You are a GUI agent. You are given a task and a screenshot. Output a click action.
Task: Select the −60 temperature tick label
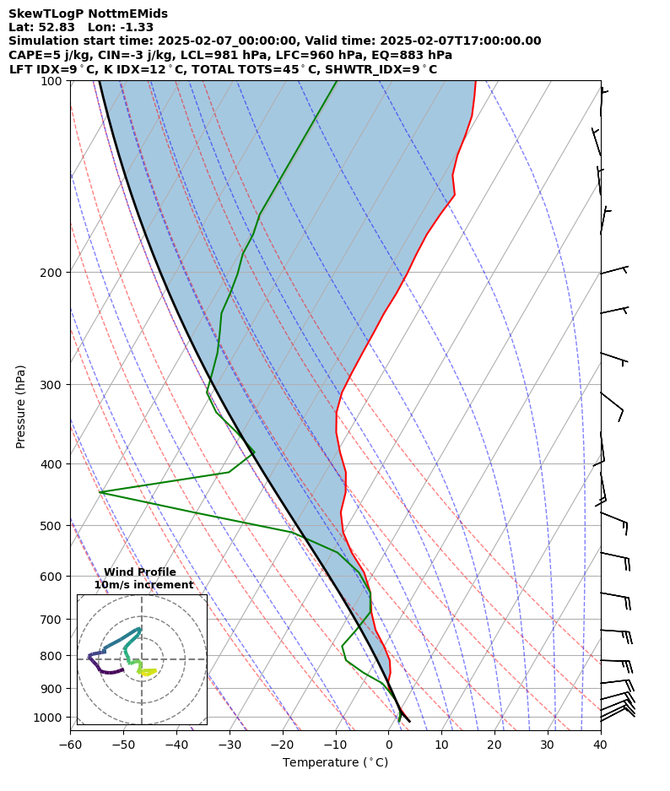coord(70,745)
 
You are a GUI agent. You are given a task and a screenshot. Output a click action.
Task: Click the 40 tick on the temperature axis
coord(600,745)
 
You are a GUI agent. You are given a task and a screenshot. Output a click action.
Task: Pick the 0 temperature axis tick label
coord(388,745)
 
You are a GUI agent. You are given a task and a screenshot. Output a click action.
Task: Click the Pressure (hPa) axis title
coord(21,406)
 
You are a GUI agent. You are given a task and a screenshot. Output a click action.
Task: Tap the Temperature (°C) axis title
coord(335,763)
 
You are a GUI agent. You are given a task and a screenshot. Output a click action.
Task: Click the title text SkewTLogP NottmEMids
coord(88,14)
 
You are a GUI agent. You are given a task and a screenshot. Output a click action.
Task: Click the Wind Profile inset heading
coord(140,572)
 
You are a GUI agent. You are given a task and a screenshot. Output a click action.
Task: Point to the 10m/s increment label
coord(143,585)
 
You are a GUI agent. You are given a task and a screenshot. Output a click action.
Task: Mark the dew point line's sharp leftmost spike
coord(100,492)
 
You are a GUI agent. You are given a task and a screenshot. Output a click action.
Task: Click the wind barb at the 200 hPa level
coord(613,271)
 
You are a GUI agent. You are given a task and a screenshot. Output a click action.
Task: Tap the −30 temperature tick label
coord(230,745)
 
